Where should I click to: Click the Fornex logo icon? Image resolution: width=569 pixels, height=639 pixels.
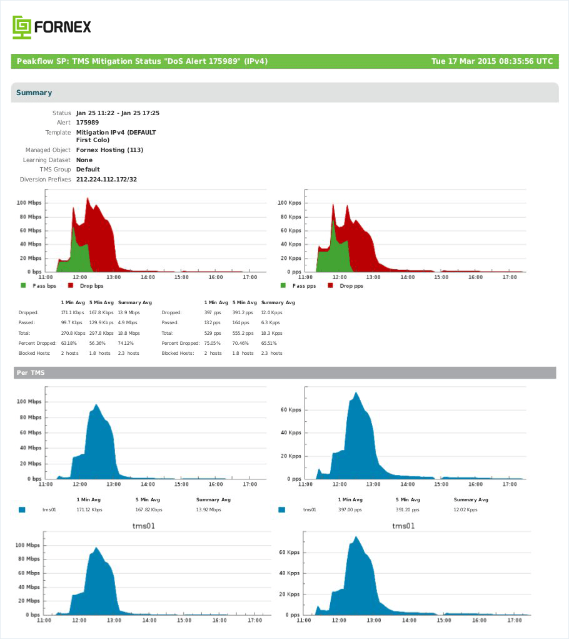(22, 28)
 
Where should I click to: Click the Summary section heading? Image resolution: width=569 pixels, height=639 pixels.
(34, 93)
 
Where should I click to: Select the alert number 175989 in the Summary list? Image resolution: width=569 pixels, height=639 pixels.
(88, 122)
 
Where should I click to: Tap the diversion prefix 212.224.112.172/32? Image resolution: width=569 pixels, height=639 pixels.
(107, 180)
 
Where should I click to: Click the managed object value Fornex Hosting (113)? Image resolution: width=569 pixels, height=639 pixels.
(109, 150)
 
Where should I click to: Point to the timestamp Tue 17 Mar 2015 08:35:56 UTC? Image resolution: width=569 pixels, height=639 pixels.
(492, 61)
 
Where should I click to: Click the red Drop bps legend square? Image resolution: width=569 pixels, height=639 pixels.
(71, 285)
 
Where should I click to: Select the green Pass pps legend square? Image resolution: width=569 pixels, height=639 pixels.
(283, 285)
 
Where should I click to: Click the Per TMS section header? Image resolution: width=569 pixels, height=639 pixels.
(31, 372)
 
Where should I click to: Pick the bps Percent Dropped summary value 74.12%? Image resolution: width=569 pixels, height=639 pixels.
(126, 343)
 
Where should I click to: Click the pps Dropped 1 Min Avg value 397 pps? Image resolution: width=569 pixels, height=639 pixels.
(213, 312)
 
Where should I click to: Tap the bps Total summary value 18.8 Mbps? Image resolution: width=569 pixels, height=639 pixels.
(129, 333)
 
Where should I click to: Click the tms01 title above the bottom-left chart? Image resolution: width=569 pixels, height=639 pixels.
(144, 526)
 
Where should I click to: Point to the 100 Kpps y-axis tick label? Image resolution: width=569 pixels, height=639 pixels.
(290, 203)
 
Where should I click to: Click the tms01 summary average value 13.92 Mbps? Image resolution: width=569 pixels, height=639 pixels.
(208, 509)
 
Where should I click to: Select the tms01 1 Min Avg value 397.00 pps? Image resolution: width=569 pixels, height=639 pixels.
(350, 509)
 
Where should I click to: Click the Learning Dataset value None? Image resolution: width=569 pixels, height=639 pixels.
(84, 160)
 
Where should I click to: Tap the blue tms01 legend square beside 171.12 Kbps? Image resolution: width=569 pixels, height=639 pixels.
(22, 509)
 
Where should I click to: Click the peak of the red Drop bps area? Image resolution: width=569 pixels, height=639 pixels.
(87, 198)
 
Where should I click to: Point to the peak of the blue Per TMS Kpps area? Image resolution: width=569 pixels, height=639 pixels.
(356, 392)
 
